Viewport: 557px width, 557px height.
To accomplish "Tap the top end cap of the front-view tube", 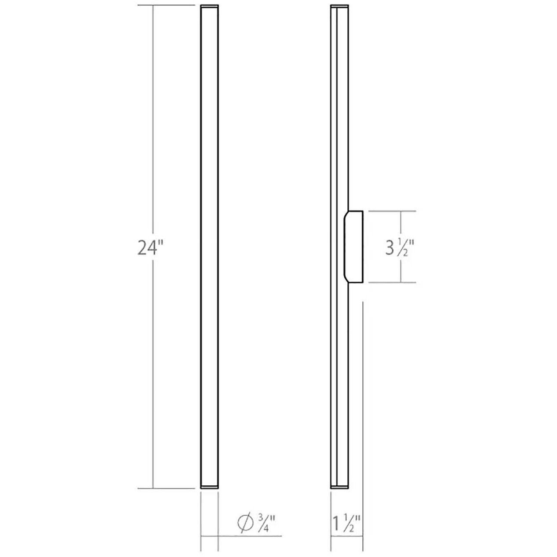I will pyautogui.click(x=209, y=7).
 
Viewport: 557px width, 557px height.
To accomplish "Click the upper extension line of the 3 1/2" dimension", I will pyautogui.click(x=391, y=211).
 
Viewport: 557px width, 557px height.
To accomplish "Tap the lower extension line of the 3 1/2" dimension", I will pyautogui.click(x=391, y=283).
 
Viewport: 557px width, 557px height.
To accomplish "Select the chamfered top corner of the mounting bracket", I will pyautogui.click(x=346, y=215).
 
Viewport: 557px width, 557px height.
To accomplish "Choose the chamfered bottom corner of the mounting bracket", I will pyautogui.click(x=346, y=279).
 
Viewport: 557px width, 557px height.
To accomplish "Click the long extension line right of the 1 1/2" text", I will pyautogui.click(x=363, y=396).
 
